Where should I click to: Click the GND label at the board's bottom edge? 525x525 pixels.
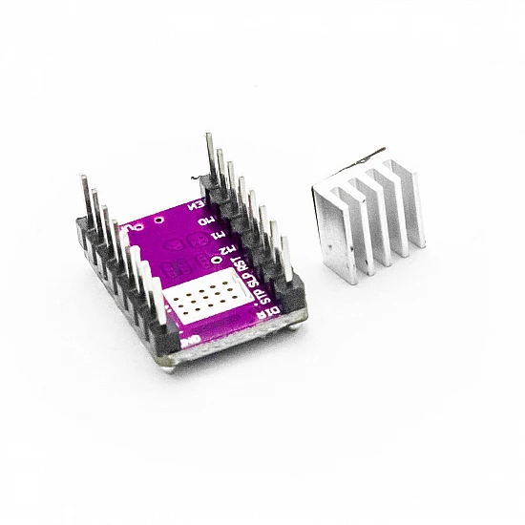[x=191, y=339]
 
